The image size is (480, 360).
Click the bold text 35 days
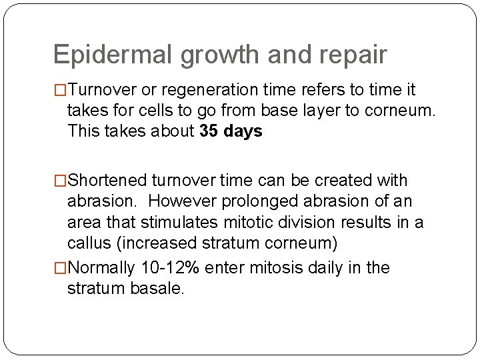click(x=231, y=131)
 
